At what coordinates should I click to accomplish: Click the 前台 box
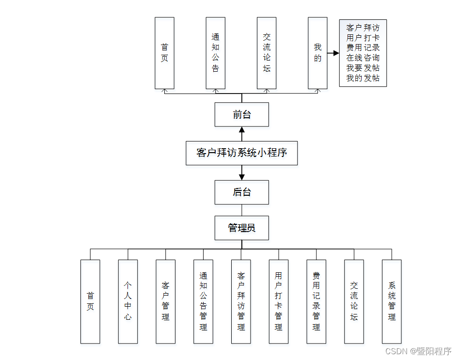click(241, 115)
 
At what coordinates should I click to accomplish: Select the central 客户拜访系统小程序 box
click(241, 153)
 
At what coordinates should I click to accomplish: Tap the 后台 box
click(241, 192)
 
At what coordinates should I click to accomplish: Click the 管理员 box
click(241, 228)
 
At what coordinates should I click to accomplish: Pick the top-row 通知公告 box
click(215, 53)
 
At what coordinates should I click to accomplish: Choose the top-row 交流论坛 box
click(267, 53)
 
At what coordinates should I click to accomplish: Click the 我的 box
click(317, 53)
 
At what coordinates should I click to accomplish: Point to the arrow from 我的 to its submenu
click(333, 53)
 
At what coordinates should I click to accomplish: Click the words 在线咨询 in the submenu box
click(363, 58)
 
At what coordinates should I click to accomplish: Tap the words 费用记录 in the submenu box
click(363, 47)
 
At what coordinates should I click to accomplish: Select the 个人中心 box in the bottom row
click(128, 301)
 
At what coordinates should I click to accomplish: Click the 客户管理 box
click(165, 301)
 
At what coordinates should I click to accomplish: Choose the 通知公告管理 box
click(203, 301)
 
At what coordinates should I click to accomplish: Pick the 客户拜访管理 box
click(241, 301)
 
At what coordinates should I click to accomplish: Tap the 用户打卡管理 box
click(279, 301)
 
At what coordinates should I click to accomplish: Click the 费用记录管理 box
click(316, 301)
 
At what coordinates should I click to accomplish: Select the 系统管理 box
click(392, 301)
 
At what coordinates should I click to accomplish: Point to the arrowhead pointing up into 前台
click(242, 130)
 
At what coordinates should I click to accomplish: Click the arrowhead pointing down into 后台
click(242, 177)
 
